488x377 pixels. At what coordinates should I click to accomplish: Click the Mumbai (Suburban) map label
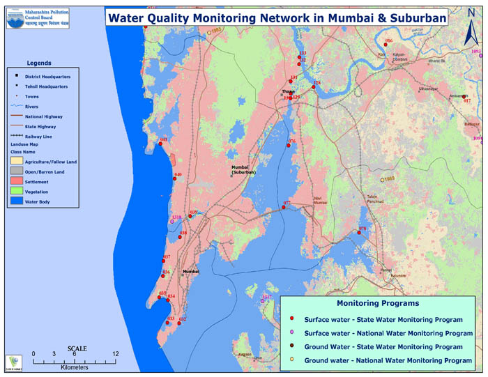pyautogui.click(x=243, y=169)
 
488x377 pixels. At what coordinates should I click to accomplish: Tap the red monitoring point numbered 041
pyautogui.click(x=160, y=145)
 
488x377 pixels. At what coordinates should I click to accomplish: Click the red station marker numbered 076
pyautogui.click(x=289, y=146)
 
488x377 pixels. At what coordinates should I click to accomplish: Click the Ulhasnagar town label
pyautogui.click(x=427, y=90)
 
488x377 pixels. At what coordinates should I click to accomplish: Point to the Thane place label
pyautogui.click(x=287, y=91)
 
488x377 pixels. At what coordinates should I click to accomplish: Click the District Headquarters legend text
pyautogui.click(x=47, y=77)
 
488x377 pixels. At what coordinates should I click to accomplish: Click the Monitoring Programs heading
pyautogui.click(x=377, y=304)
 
